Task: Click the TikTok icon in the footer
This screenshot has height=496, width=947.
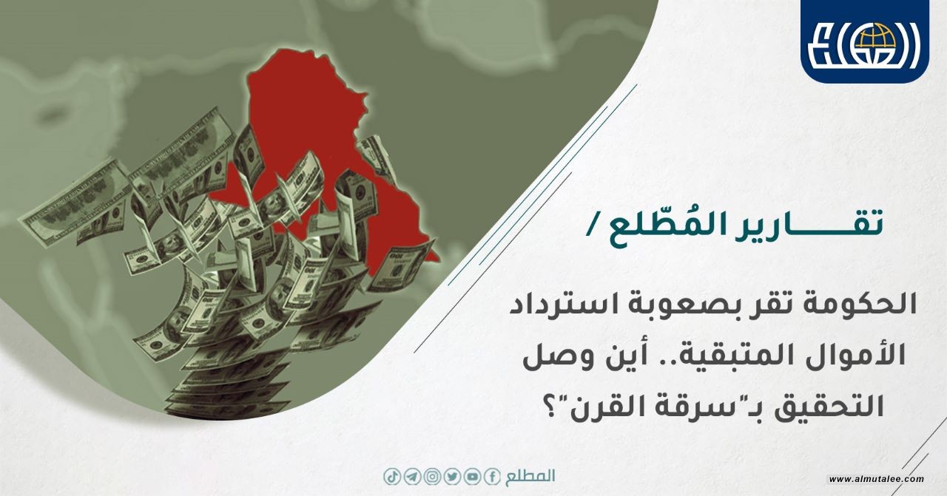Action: [392, 478]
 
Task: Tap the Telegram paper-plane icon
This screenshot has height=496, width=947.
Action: [412, 478]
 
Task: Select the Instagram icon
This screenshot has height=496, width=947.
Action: [432, 478]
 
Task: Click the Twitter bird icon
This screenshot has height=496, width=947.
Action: [452, 478]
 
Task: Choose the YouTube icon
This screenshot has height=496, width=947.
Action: [472, 478]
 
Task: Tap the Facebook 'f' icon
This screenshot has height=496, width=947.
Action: [492, 478]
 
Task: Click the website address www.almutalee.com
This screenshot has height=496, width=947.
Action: [877, 479]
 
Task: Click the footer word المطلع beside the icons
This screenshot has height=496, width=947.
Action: [530, 477]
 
